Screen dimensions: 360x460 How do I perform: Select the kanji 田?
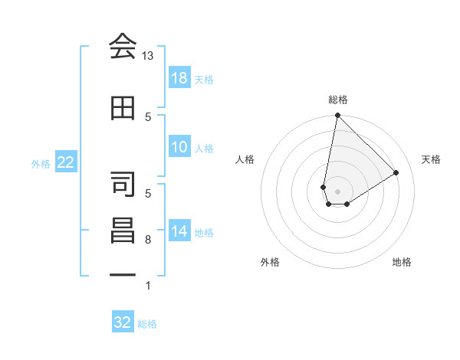[x=123, y=108]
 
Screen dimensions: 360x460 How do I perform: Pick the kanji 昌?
[x=123, y=231]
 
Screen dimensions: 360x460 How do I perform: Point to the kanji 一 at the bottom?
[x=123, y=273]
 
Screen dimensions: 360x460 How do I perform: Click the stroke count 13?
[x=148, y=56]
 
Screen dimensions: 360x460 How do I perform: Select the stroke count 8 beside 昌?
[x=148, y=240]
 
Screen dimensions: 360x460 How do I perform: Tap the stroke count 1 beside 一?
[x=148, y=286]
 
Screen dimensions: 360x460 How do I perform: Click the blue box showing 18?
[x=179, y=78]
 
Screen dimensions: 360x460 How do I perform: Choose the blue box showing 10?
[x=179, y=147]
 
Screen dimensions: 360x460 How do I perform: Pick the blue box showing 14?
[x=179, y=231]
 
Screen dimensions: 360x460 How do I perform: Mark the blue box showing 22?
[x=65, y=162]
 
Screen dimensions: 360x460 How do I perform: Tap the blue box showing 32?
[x=123, y=322]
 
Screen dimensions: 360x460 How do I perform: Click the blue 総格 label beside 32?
[x=147, y=324]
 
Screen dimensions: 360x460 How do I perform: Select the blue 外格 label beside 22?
[x=41, y=163]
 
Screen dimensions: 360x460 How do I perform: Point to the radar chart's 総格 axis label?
[x=337, y=100]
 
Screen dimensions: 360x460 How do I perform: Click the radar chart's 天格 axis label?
[x=431, y=159]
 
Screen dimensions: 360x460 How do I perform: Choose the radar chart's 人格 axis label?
[x=245, y=159]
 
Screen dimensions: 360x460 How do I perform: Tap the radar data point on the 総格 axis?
[x=337, y=116]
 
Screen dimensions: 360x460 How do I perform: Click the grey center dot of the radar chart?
[x=337, y=190]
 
